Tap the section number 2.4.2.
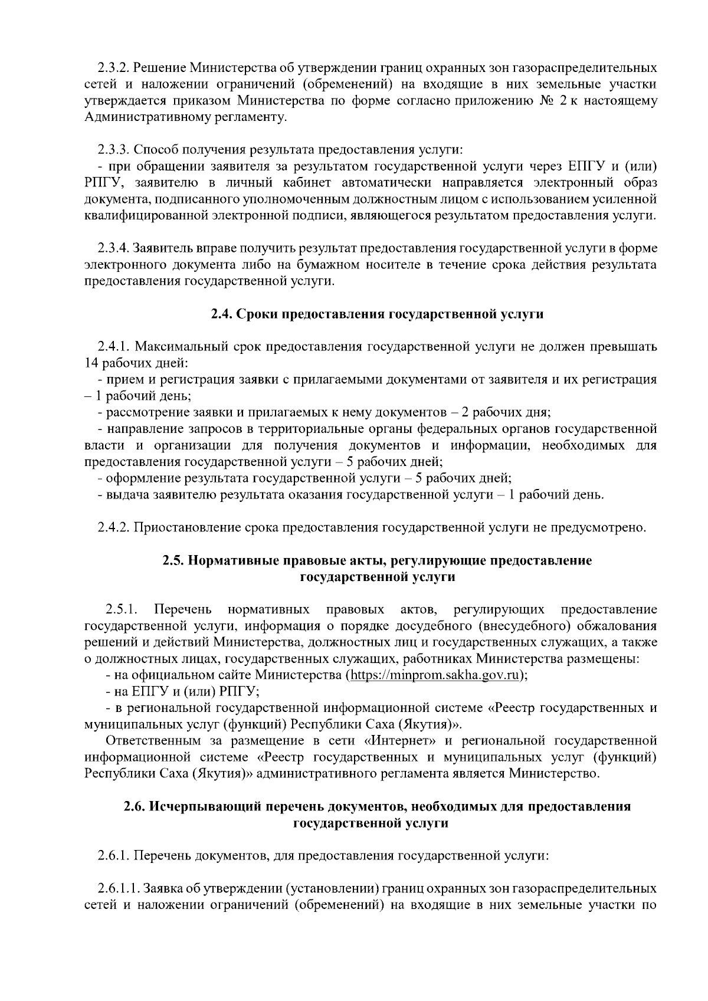[x=113, y=527]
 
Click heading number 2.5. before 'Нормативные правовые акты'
[x=173, y=560]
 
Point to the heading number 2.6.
[x=135, y=806]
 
